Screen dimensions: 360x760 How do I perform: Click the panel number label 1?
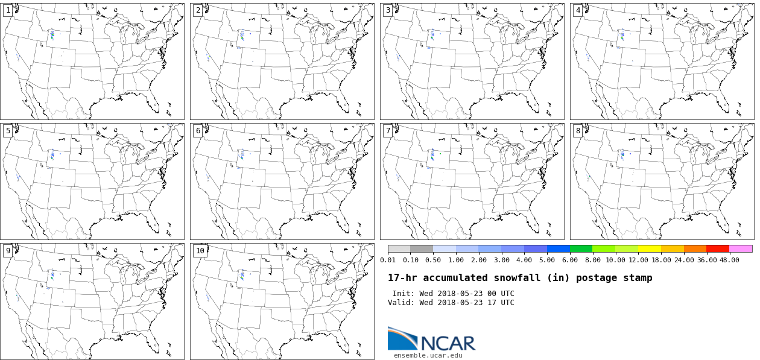[8, 10]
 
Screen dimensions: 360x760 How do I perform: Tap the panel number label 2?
[198, 10]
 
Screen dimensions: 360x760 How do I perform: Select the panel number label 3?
[388, 10]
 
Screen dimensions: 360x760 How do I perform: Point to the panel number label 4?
[578, 10]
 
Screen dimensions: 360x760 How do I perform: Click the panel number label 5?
[8, 131]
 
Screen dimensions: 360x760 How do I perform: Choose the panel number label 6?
[198, 131]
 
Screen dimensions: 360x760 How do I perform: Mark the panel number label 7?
[388, 131]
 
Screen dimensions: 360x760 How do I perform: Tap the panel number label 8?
[578, 131]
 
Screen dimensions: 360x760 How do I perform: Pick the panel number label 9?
[8, 251]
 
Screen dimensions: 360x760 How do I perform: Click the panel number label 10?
[200, 251]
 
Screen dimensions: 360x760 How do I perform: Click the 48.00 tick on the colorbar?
[729, 260]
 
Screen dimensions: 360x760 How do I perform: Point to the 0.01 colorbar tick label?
[388, 260]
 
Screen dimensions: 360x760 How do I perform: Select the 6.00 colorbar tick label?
[569, 260]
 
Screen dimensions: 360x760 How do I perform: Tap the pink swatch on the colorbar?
[741, 248]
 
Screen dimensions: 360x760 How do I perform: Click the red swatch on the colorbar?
[718, 248]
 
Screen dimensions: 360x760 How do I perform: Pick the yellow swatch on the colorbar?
[650, 248]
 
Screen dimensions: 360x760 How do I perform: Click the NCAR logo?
[431, 339]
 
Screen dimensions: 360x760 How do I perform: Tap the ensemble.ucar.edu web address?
[428, 355]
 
